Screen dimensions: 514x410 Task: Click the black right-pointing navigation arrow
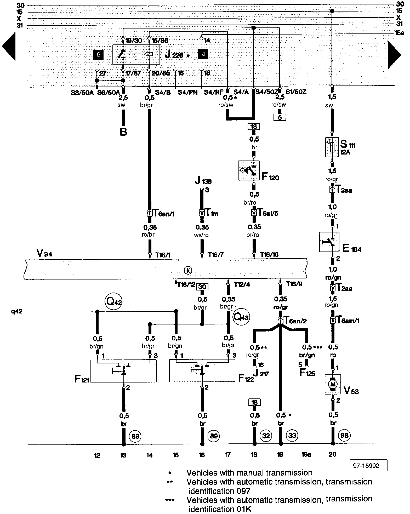[x=394, y=55]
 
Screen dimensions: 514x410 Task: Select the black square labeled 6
[x=98, y=55]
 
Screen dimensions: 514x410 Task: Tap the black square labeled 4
[x=203, y=54]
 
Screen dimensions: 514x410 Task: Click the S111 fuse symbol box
[x=332, y=147]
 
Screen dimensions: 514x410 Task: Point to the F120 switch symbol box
[x=249, y=170]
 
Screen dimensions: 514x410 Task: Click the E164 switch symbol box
[x=329, y=242]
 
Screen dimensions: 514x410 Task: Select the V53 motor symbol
[x=333, y=384]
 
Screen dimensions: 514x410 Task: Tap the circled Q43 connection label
[x=241, y=317]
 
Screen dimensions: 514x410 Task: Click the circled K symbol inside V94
[x=188, y=270]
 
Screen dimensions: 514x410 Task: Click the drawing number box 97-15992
[x=369, y=466]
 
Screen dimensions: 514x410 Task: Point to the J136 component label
[x=203, y=181]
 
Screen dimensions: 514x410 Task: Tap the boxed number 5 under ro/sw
[x=280, y=117]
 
